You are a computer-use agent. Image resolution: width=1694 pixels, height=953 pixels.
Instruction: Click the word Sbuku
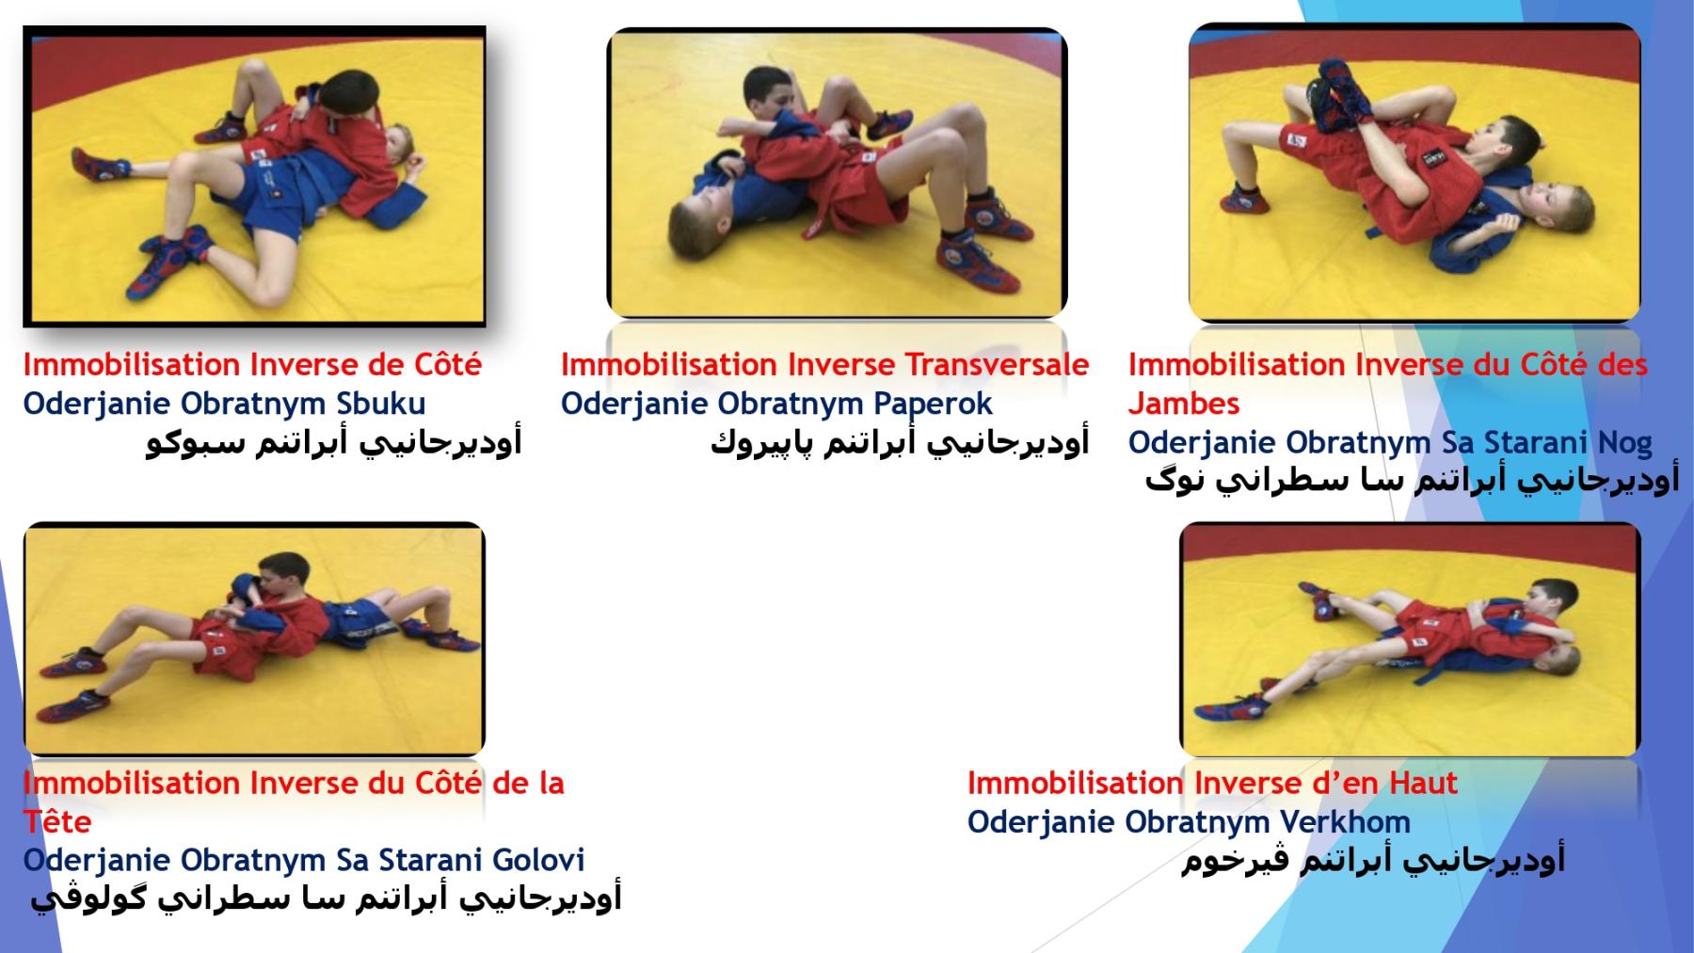pos(380,404)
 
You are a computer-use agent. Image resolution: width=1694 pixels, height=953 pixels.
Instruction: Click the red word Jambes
pos(1184,404)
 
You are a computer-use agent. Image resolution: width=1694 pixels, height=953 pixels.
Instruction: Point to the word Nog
pos(1625,442)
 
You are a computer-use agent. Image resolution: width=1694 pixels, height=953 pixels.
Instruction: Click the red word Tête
pos(57,821)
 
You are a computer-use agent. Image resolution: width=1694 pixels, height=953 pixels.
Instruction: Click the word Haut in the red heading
pos(1417,783)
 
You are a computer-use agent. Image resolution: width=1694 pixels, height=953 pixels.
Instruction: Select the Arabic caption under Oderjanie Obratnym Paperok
pos(900,442)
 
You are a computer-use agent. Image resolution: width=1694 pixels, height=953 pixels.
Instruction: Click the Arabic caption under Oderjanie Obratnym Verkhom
pos(1373,860)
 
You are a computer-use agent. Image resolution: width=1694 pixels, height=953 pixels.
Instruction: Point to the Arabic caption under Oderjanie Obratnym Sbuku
pos(333,442)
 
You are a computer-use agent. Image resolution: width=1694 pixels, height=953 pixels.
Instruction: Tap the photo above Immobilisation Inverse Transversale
pos(837,173)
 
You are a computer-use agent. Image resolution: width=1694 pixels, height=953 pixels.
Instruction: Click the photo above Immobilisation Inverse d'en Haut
pos(1410,639)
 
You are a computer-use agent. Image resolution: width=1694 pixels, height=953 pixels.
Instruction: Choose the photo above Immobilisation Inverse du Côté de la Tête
pos(254,639)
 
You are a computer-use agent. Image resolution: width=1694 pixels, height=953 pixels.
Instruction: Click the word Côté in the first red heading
pos(448,364)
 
